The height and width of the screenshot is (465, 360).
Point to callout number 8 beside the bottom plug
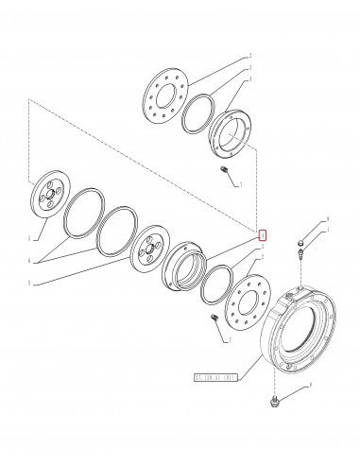(x=308, y=387)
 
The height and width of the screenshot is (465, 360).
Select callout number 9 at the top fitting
(x=300, y=220)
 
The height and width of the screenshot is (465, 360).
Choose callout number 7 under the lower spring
(x=229, y=338)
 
